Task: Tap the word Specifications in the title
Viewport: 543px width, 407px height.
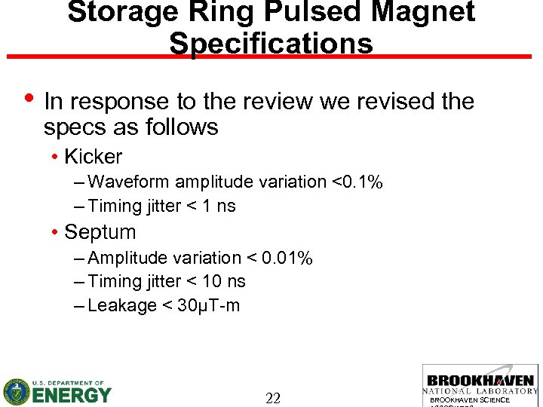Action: (x=271, y=43)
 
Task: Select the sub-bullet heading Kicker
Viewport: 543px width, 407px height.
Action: (x=93, y=157)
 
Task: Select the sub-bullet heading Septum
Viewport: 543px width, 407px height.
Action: (x=100, y=232)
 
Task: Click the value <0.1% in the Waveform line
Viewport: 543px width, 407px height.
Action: (x=357, y=182)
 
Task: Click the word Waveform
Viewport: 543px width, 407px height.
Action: (x=130, y=182)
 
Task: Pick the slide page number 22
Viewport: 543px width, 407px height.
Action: (x=272, y=399)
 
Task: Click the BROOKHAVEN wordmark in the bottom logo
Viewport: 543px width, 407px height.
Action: (x=480, y=381)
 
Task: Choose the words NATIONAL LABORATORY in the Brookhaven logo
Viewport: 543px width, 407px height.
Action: (x=480, y=391)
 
